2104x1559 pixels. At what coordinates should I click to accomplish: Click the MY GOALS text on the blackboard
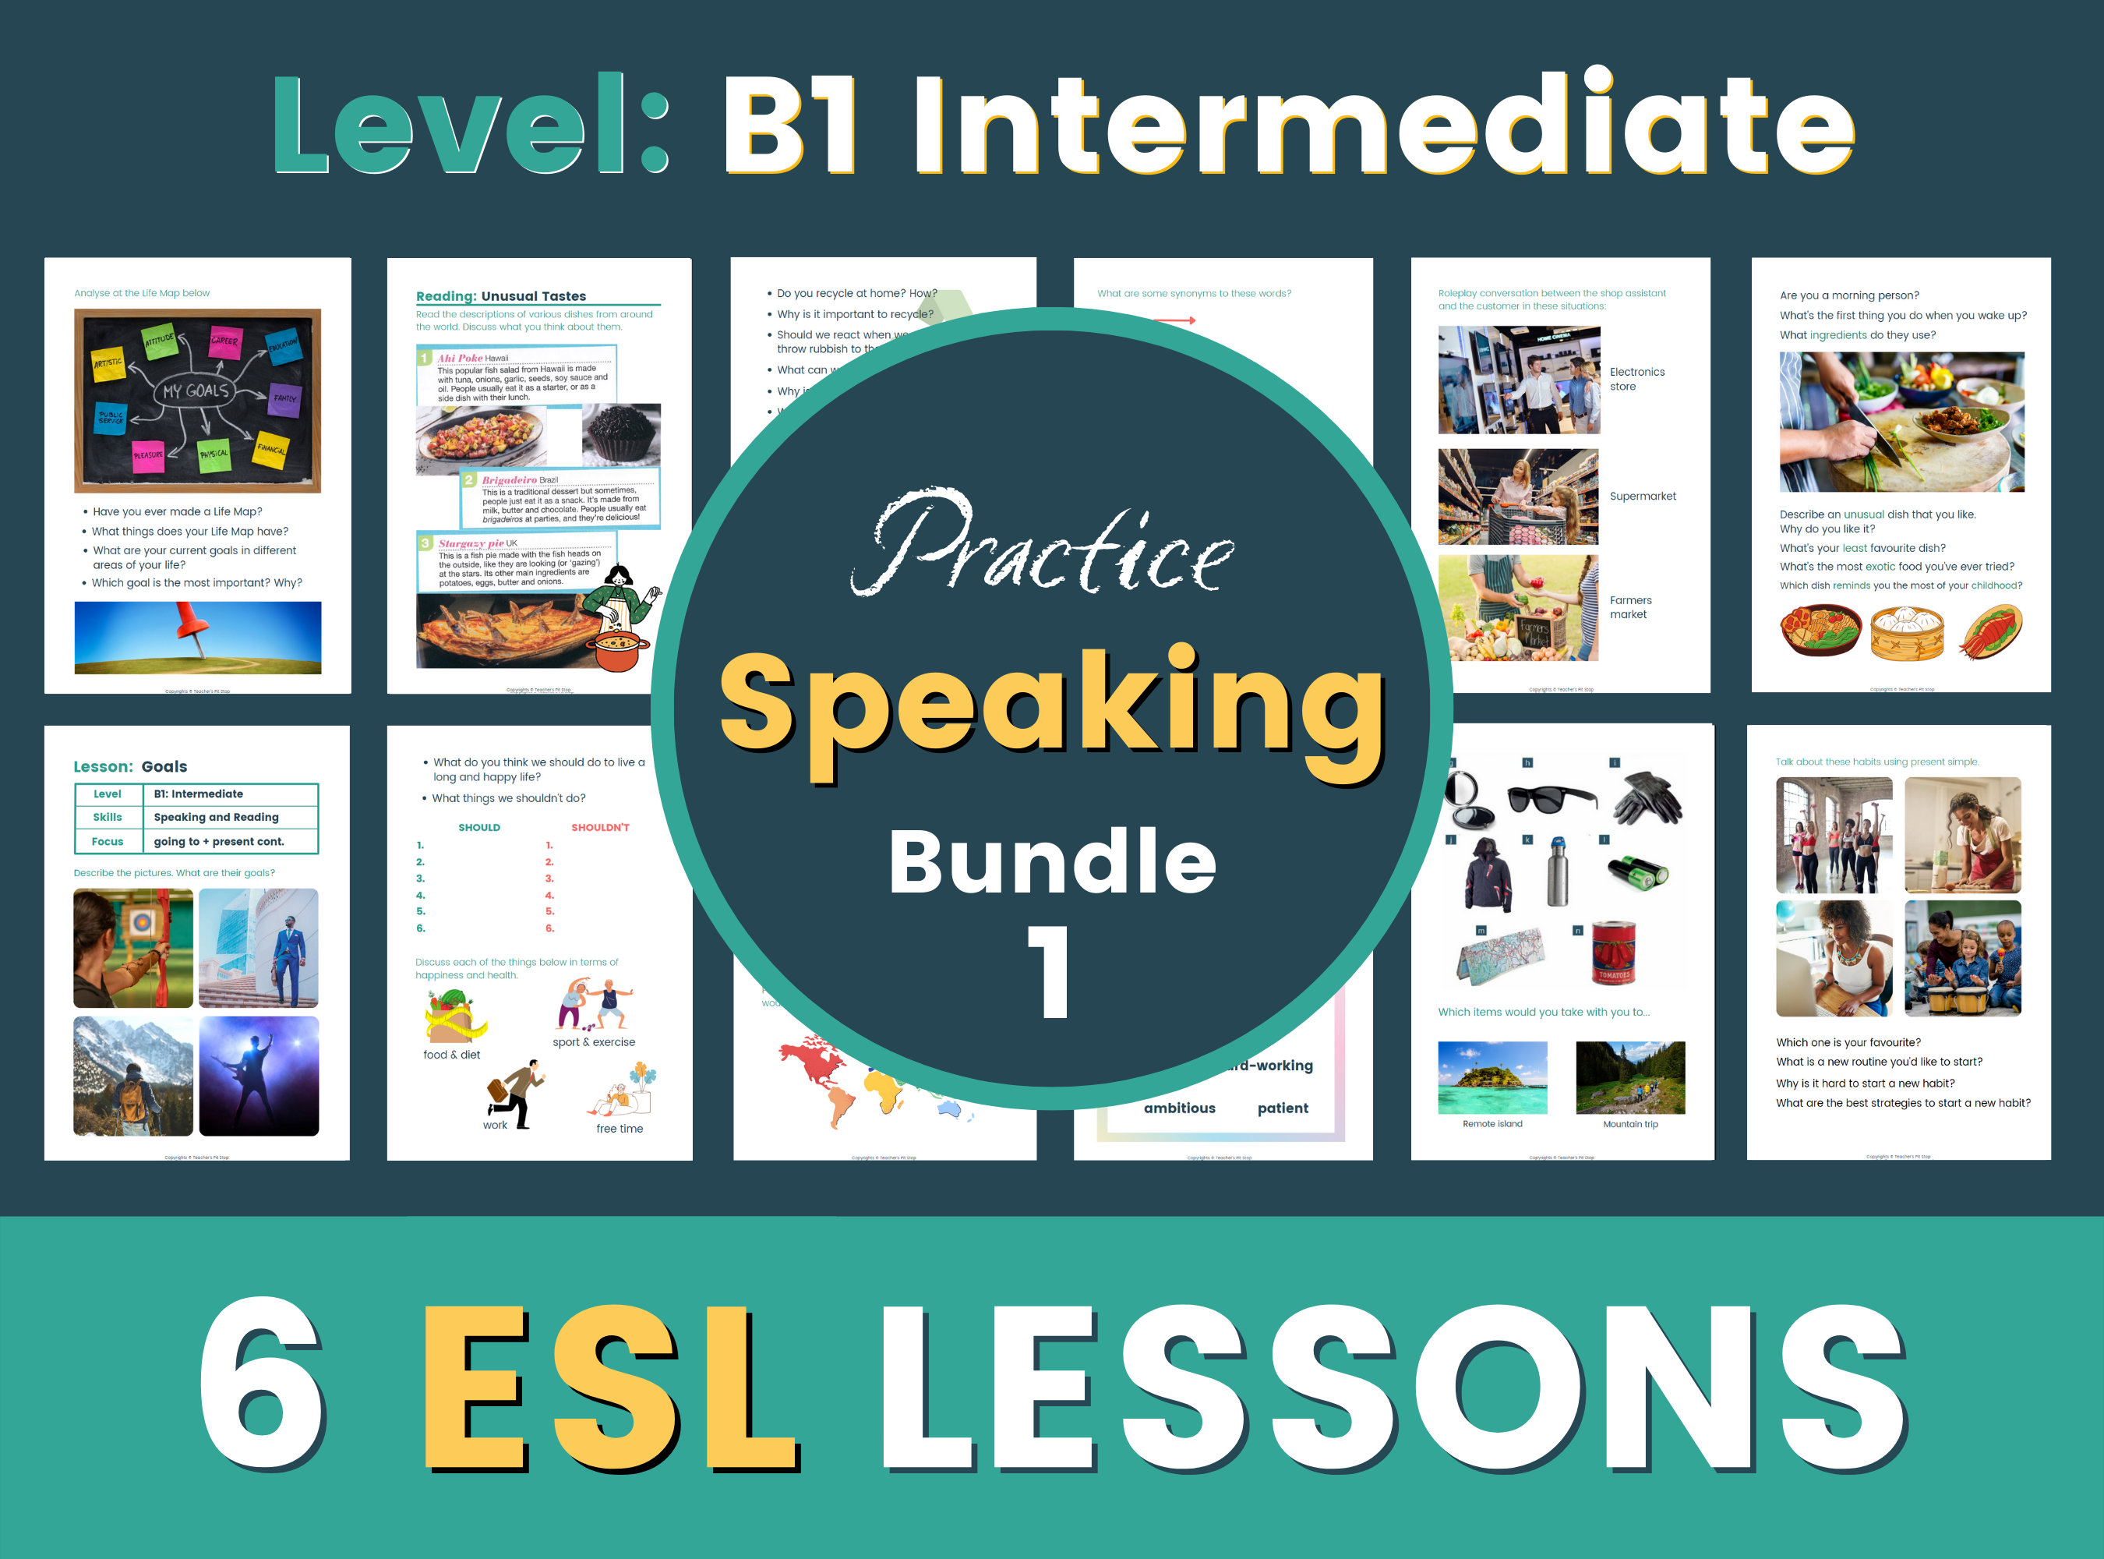tap(196, 391)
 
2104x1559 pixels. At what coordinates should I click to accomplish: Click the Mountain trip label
tap(1629, 1124)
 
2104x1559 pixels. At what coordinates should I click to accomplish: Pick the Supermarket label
tap(1642, 497)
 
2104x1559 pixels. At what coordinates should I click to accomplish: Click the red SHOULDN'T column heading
tap(600, 828)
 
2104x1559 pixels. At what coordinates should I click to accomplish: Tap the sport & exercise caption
tap(594, 1042)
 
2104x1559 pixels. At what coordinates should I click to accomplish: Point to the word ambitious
tap(1178, 1108)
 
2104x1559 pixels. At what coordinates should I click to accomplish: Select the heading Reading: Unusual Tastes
tap(501, 296)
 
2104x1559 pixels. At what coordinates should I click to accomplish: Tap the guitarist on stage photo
tap(259, 1076)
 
